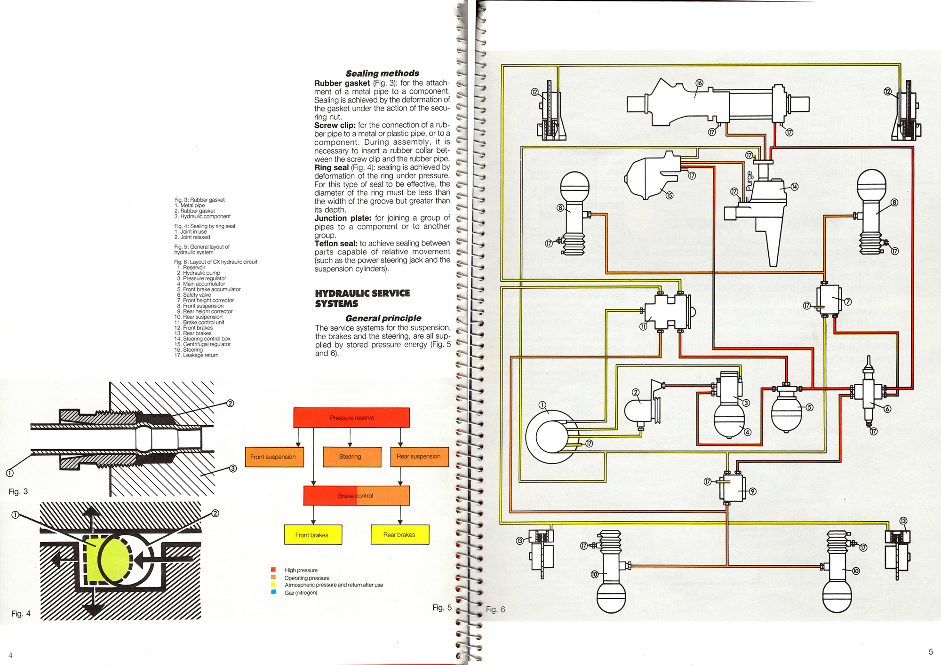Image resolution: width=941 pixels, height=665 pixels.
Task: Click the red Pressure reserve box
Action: tap(351, 418)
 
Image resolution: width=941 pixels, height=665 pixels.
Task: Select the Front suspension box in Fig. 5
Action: tap(273, 457)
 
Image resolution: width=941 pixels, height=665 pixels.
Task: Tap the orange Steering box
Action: tap(352, 457)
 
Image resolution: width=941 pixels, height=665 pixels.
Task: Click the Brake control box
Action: tap(356, 496)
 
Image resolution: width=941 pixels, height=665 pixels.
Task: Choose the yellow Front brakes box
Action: tap(313, 535)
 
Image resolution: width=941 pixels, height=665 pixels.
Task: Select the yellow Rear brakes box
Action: tap(400, 535)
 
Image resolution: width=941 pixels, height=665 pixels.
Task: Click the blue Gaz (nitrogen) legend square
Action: tap(273, 592)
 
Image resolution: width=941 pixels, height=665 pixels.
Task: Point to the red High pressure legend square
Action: tap(273, 570)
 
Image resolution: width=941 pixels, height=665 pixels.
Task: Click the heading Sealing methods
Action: tap(383, 73)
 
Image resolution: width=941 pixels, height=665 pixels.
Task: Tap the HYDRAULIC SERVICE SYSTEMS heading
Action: tap(362, 299)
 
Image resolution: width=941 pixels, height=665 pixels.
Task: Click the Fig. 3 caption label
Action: tap(18, 492)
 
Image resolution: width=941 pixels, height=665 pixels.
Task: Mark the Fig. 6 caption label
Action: tap(495, 610)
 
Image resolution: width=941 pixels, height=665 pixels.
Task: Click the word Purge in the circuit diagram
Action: tap(750, 181)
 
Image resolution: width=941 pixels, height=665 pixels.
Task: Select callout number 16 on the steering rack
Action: tap(699, 83)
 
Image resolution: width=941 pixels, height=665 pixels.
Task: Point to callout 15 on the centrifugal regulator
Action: tap(669, 195)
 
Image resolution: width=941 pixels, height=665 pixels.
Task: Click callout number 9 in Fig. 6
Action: tap(752, 491)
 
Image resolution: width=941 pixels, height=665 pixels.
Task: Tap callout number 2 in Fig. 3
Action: tap(230, 403)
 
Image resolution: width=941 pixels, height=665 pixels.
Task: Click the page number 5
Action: tap(931, 652)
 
